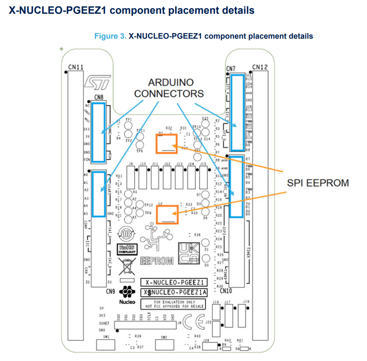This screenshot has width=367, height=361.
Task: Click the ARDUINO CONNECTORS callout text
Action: (x=169, y=87)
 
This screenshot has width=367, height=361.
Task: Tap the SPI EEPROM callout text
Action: (x=318, y=183)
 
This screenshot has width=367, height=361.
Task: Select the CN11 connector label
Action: (x=76, y=67)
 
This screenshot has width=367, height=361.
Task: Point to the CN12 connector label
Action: (x=260, y=67)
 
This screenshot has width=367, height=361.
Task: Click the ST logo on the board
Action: (x=98, y=82)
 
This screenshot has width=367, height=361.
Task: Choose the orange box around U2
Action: (x=167, y=214)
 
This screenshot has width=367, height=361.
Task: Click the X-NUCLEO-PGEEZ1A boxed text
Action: (x=175, y=293)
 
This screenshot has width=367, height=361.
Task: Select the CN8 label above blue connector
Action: (x=99, y=98)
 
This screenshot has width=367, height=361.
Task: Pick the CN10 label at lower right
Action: (x=236, y=291)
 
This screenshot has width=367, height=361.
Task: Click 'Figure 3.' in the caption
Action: (x=110, y=36)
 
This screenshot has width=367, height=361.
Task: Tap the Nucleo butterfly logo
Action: (x=127, y=293)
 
